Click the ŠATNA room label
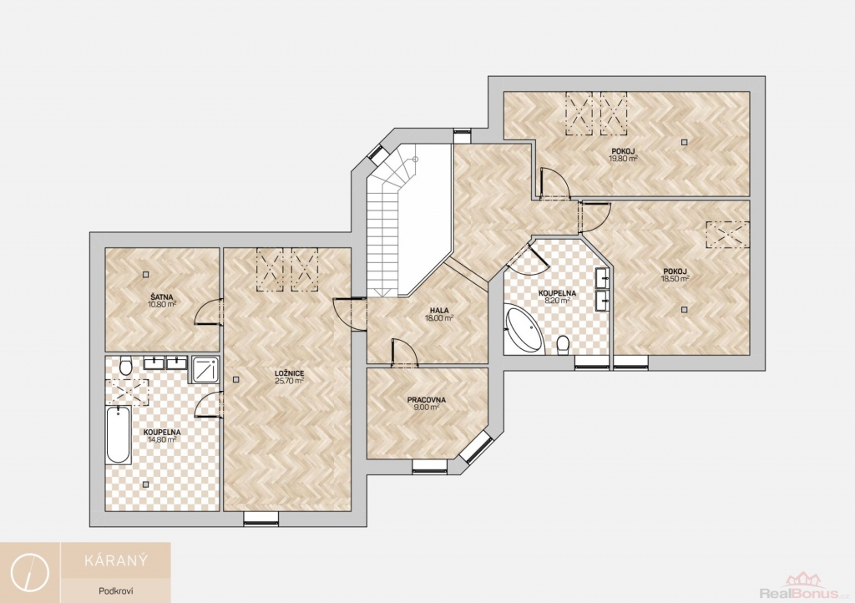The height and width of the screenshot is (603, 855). pyautogui.click(x=162, y=297)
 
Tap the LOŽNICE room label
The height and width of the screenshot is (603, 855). pyautogui.click(x=290, y=373)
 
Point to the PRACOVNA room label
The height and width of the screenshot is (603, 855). pyautogui.click(x=427, y=400)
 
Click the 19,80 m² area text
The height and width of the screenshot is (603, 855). pyautogui.click(x=623, y=159)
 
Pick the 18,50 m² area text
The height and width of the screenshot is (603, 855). pyautogui.click(x=675, y=278)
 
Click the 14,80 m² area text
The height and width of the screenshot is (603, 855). pyautogui.click(x=162, y=439)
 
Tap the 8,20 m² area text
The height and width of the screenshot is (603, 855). pyautogui.click(x=557, y=300)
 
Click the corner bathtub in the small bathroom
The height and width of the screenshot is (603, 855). pyautogui.click(x=523, y=329)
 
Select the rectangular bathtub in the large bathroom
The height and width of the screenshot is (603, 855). pyautogui.click(x=119, y=435)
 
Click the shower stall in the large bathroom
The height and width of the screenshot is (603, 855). pyautogui.click(x=205, y=370)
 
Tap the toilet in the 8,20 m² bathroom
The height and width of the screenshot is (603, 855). pyautogui.click(x=564, y=345)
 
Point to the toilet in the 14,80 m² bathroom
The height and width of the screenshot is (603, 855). pyautogui.click(x=125, y=365)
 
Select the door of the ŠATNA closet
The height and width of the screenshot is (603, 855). pyautogui.click(x=208, y=312)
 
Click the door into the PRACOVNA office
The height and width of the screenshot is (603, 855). pyautogui.click(x=404, y=352)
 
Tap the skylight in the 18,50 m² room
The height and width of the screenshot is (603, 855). pyautogui.click(x=727, y=235)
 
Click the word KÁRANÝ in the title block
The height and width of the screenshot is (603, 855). pyautogui.click(x=115, y=560)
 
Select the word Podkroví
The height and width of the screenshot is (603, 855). pyautogui.click(x=116, y=591)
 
